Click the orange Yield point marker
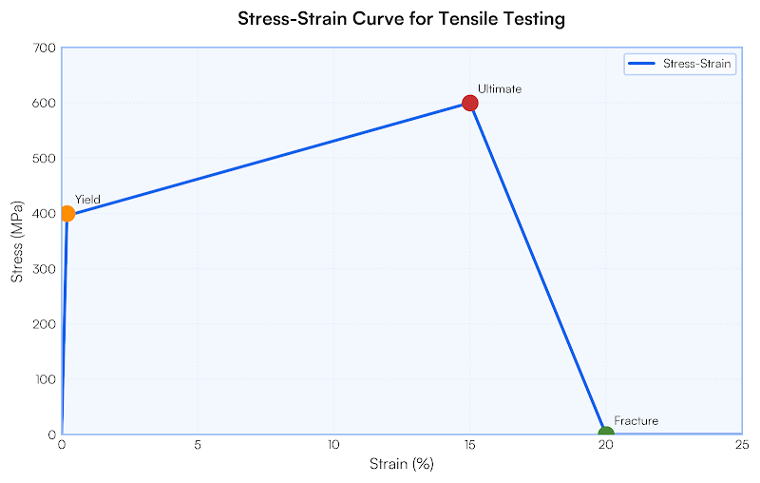(66, 213)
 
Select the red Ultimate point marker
(469, 103)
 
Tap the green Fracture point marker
(606, 435)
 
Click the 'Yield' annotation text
(87, 199)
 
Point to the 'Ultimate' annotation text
(500, 88)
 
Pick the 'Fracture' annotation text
(636, 420)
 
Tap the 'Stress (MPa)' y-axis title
(16, 241)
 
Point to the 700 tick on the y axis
(44, 48)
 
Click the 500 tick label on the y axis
(44, 158)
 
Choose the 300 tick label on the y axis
(44, 268)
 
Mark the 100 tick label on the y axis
(44, 378)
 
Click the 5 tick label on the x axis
(198, 445)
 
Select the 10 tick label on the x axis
(333, 445)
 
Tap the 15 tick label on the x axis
(469, 445)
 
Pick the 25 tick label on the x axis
(742, 445)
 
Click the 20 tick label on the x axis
(606, 445)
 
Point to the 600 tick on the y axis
(44, 103)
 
